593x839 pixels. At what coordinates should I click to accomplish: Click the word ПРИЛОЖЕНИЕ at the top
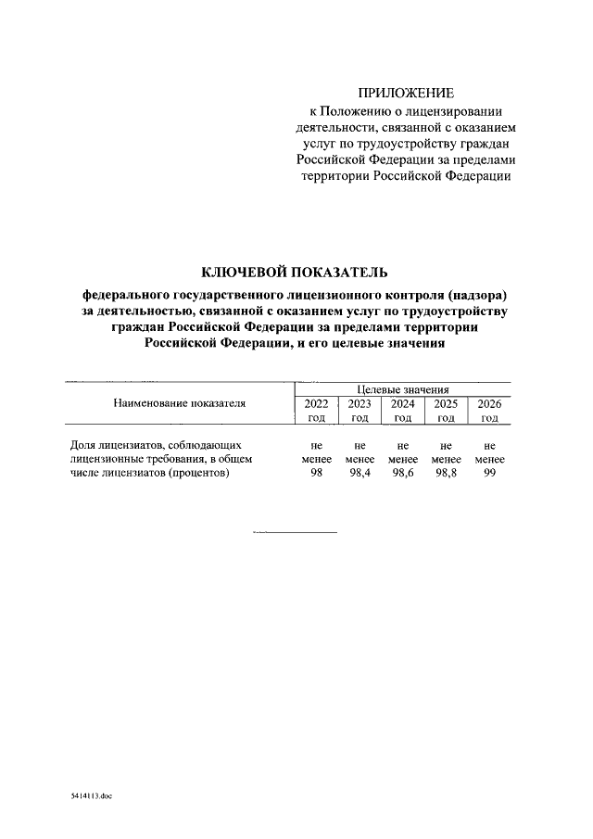point(407,93)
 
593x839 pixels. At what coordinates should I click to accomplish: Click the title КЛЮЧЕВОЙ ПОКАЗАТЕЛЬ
point(295,272)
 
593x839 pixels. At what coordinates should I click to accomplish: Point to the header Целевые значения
point(402,389)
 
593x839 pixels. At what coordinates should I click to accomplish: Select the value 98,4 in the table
point(360,474)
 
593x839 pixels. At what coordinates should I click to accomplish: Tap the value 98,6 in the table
point(402,474)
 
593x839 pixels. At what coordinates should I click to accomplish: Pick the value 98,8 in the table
point(446,474)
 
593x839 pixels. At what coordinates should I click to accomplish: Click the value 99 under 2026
point(489,474)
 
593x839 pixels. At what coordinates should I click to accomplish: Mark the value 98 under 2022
point(317,474)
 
